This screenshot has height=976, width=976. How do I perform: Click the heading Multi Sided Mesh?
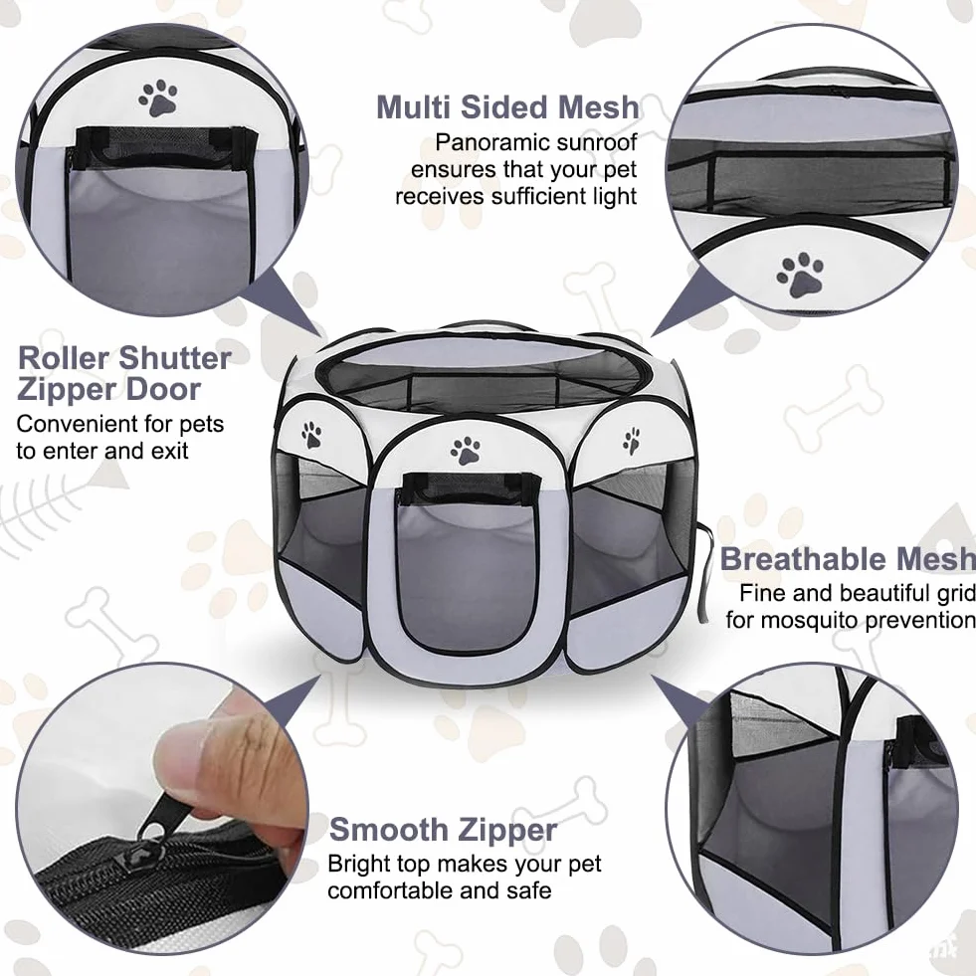coord(507,107)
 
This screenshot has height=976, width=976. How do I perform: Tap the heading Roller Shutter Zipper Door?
coord(124,374)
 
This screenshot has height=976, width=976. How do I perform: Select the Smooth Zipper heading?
coord(443,830)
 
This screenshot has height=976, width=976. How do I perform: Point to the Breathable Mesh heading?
coord(848,559)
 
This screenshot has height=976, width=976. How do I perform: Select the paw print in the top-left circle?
coord(159,98)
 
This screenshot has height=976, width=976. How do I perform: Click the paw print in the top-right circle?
coord(800,274)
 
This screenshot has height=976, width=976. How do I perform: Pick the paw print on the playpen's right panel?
coord(631,441)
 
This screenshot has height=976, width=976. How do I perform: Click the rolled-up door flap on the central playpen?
coord(470,487)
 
